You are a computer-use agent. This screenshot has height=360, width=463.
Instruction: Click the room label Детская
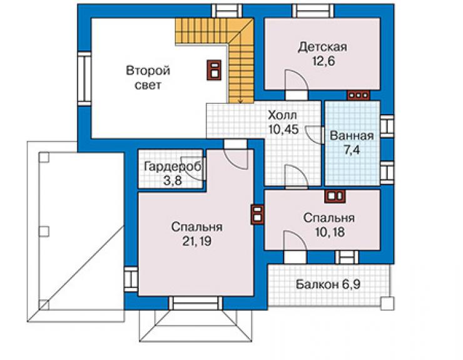point(322,48)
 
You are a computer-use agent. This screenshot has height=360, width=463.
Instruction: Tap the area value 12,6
point(323,62)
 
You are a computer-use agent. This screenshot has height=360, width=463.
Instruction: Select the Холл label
point(282,115)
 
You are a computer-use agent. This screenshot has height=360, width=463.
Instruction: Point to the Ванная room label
point(352,136)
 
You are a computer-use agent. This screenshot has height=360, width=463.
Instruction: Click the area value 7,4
point(352,150)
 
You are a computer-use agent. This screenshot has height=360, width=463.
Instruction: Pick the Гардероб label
point(173,167)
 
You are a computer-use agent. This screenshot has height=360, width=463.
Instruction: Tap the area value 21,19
point(196,242)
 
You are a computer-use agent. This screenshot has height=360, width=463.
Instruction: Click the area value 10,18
point(330,232)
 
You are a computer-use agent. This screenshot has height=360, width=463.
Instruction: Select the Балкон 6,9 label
point(328,285)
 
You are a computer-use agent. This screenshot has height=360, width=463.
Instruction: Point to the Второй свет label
point(148,78)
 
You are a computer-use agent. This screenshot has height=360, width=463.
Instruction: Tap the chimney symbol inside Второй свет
point(214,70)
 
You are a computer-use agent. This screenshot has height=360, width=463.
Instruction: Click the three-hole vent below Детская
point(358,95)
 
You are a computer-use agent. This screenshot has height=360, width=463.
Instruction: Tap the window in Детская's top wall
point(313,11)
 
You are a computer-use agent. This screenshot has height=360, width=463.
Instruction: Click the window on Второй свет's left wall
point(84,79)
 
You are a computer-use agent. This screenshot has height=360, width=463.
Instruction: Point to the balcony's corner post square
point(387,304)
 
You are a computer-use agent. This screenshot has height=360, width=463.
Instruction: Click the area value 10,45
point(284,129)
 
